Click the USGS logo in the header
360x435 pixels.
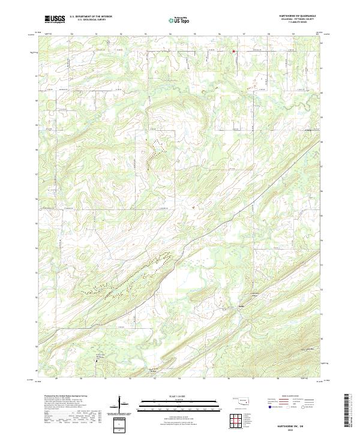[55, 19]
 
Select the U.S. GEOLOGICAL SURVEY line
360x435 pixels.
[91, 20]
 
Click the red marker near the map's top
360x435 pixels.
[233, 51]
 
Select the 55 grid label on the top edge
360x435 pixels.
[194, 34]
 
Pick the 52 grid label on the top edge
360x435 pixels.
[121, 34]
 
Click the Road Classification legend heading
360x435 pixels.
[289, 397]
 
